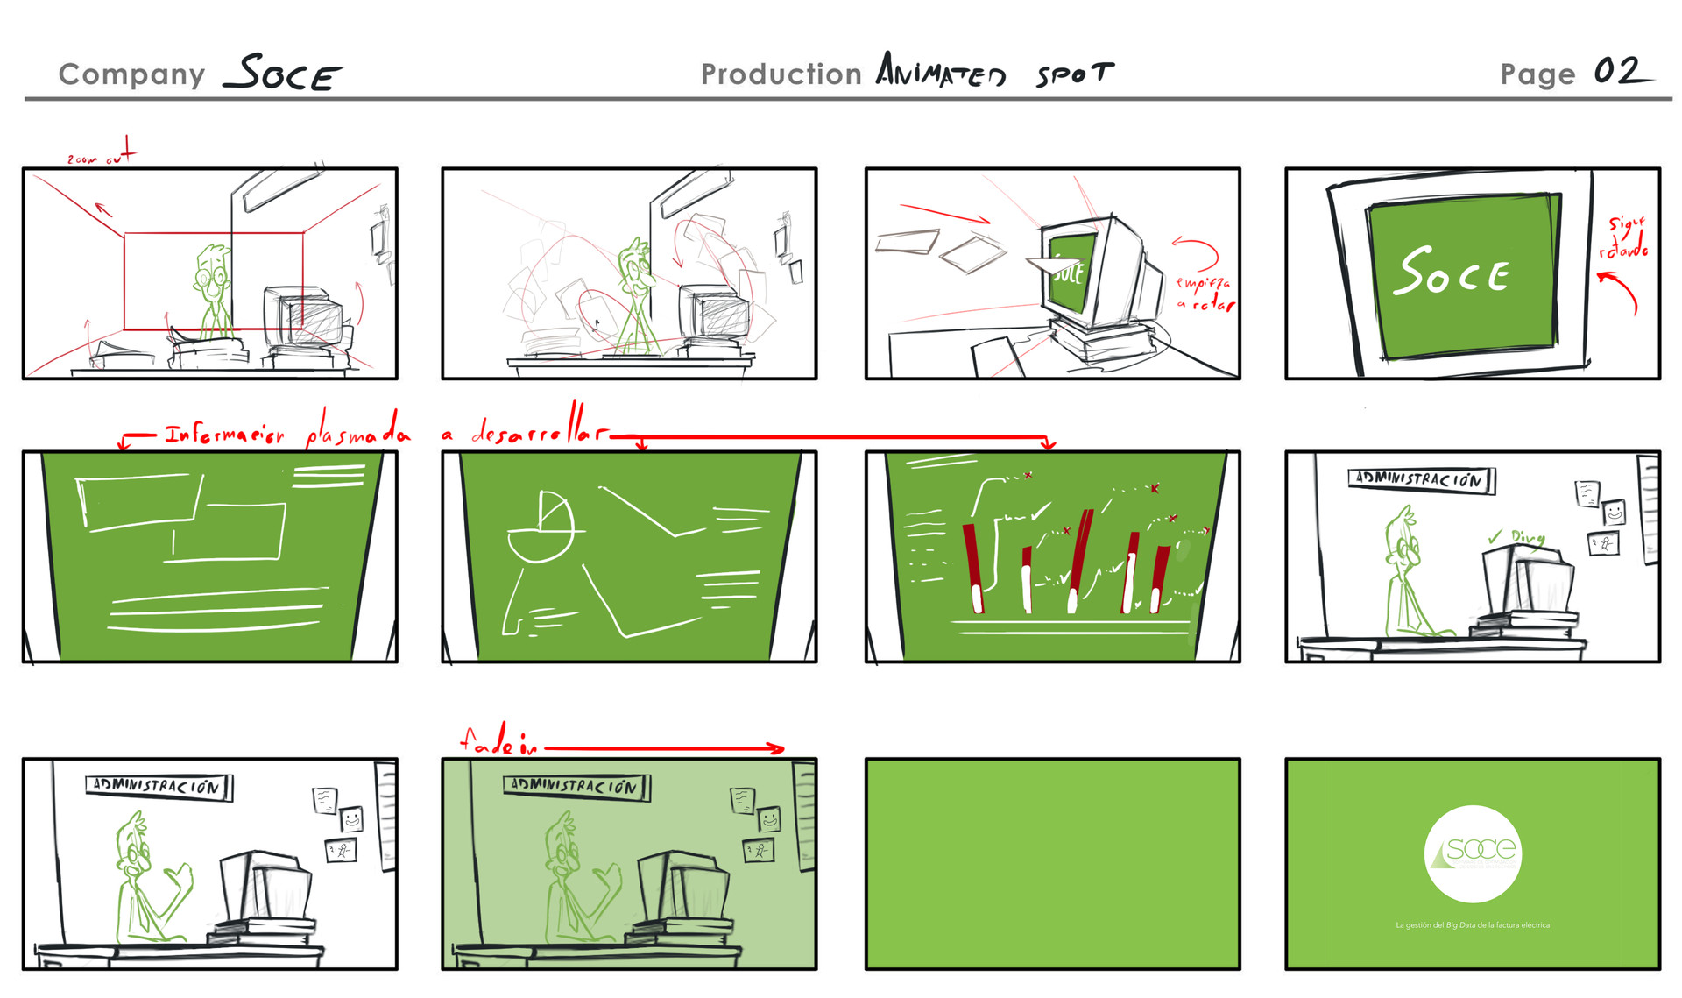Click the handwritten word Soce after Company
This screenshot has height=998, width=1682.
(x=282, y=74)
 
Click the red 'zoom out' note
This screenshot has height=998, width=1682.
(x=99, y=156)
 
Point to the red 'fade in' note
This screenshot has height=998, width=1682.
(x=498, y=743)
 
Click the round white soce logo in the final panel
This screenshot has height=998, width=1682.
(x=1473, y=853)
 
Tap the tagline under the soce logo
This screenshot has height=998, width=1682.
(x=1473, y=925)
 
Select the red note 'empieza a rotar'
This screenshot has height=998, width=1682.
(x=1204, y=294)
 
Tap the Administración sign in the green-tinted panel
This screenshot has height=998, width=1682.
(x=576, y=786)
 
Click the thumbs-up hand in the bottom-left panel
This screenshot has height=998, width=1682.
(x=181, y=876)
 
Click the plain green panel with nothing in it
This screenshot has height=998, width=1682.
(x=1052, y=864)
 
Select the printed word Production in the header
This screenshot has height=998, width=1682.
(x=781, y=74)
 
